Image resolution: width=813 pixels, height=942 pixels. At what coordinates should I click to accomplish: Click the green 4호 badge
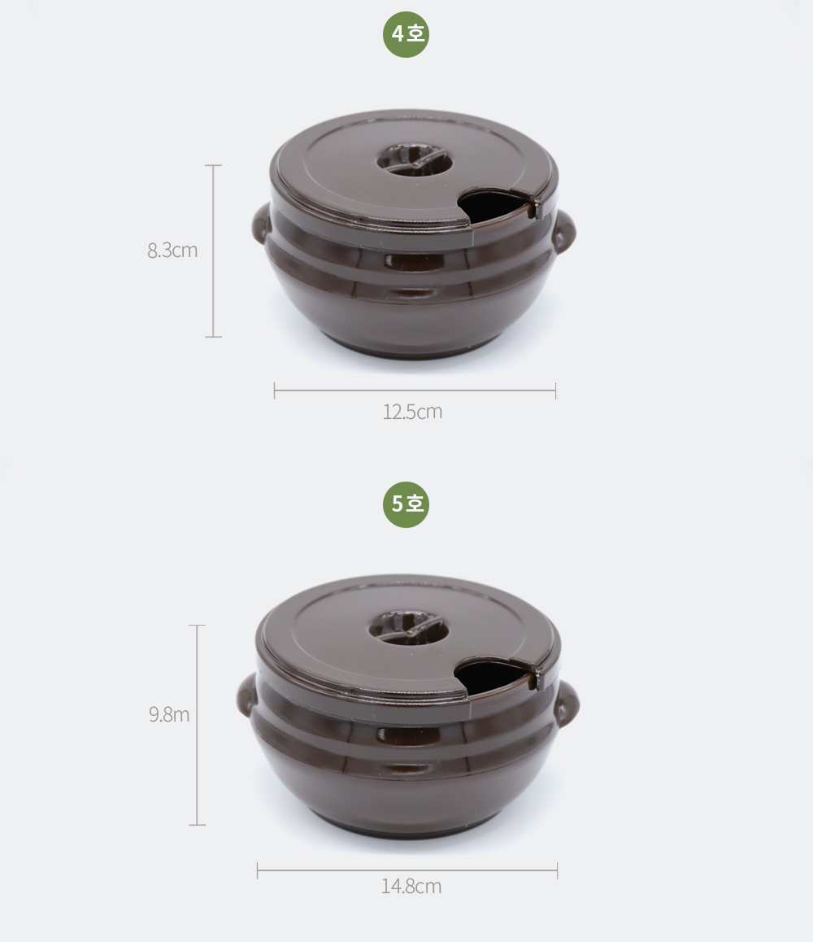pyautogui.click(x=406, y=34)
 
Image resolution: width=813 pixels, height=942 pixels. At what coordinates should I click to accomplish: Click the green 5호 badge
pyautogui.click(x=406, y=504)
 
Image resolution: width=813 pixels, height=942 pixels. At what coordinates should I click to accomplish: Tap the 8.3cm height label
pyautogui.click(x=172, y=251)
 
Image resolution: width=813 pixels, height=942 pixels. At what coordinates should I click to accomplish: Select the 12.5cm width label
pyautogui.click(x=412, y=412)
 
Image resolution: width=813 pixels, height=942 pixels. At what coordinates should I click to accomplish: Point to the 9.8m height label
pyautogui.click(x=169, y=714)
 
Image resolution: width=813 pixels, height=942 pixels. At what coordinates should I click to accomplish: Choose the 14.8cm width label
pyautogui.click(x=411, y=886)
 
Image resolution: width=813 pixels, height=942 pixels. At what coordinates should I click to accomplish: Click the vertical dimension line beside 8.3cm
pyautogui.click(x=213, y=251)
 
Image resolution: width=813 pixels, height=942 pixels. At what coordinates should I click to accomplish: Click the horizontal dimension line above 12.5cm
pyautogui.click(x=415, y=390)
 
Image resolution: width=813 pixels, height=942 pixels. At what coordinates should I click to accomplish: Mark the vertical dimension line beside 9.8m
pyautogui.click(x=197, y=725)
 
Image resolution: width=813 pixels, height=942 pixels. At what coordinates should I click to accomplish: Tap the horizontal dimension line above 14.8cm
pyautogui.click(x=407, y=870)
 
